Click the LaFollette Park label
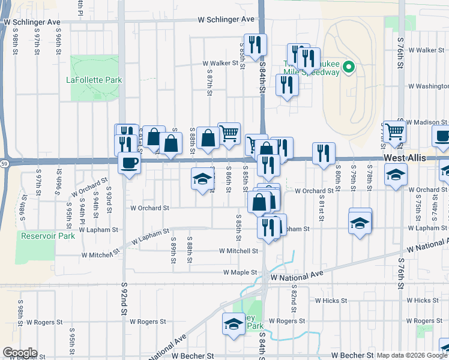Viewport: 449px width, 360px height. (94, 80)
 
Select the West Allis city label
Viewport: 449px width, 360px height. (405, 157)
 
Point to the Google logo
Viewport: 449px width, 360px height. (20, 353)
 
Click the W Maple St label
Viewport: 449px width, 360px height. (240, 272)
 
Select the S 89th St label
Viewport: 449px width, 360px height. (173, 253)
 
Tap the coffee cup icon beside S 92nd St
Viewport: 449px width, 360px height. (129, 163)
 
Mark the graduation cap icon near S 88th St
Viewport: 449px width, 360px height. (203, 178)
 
